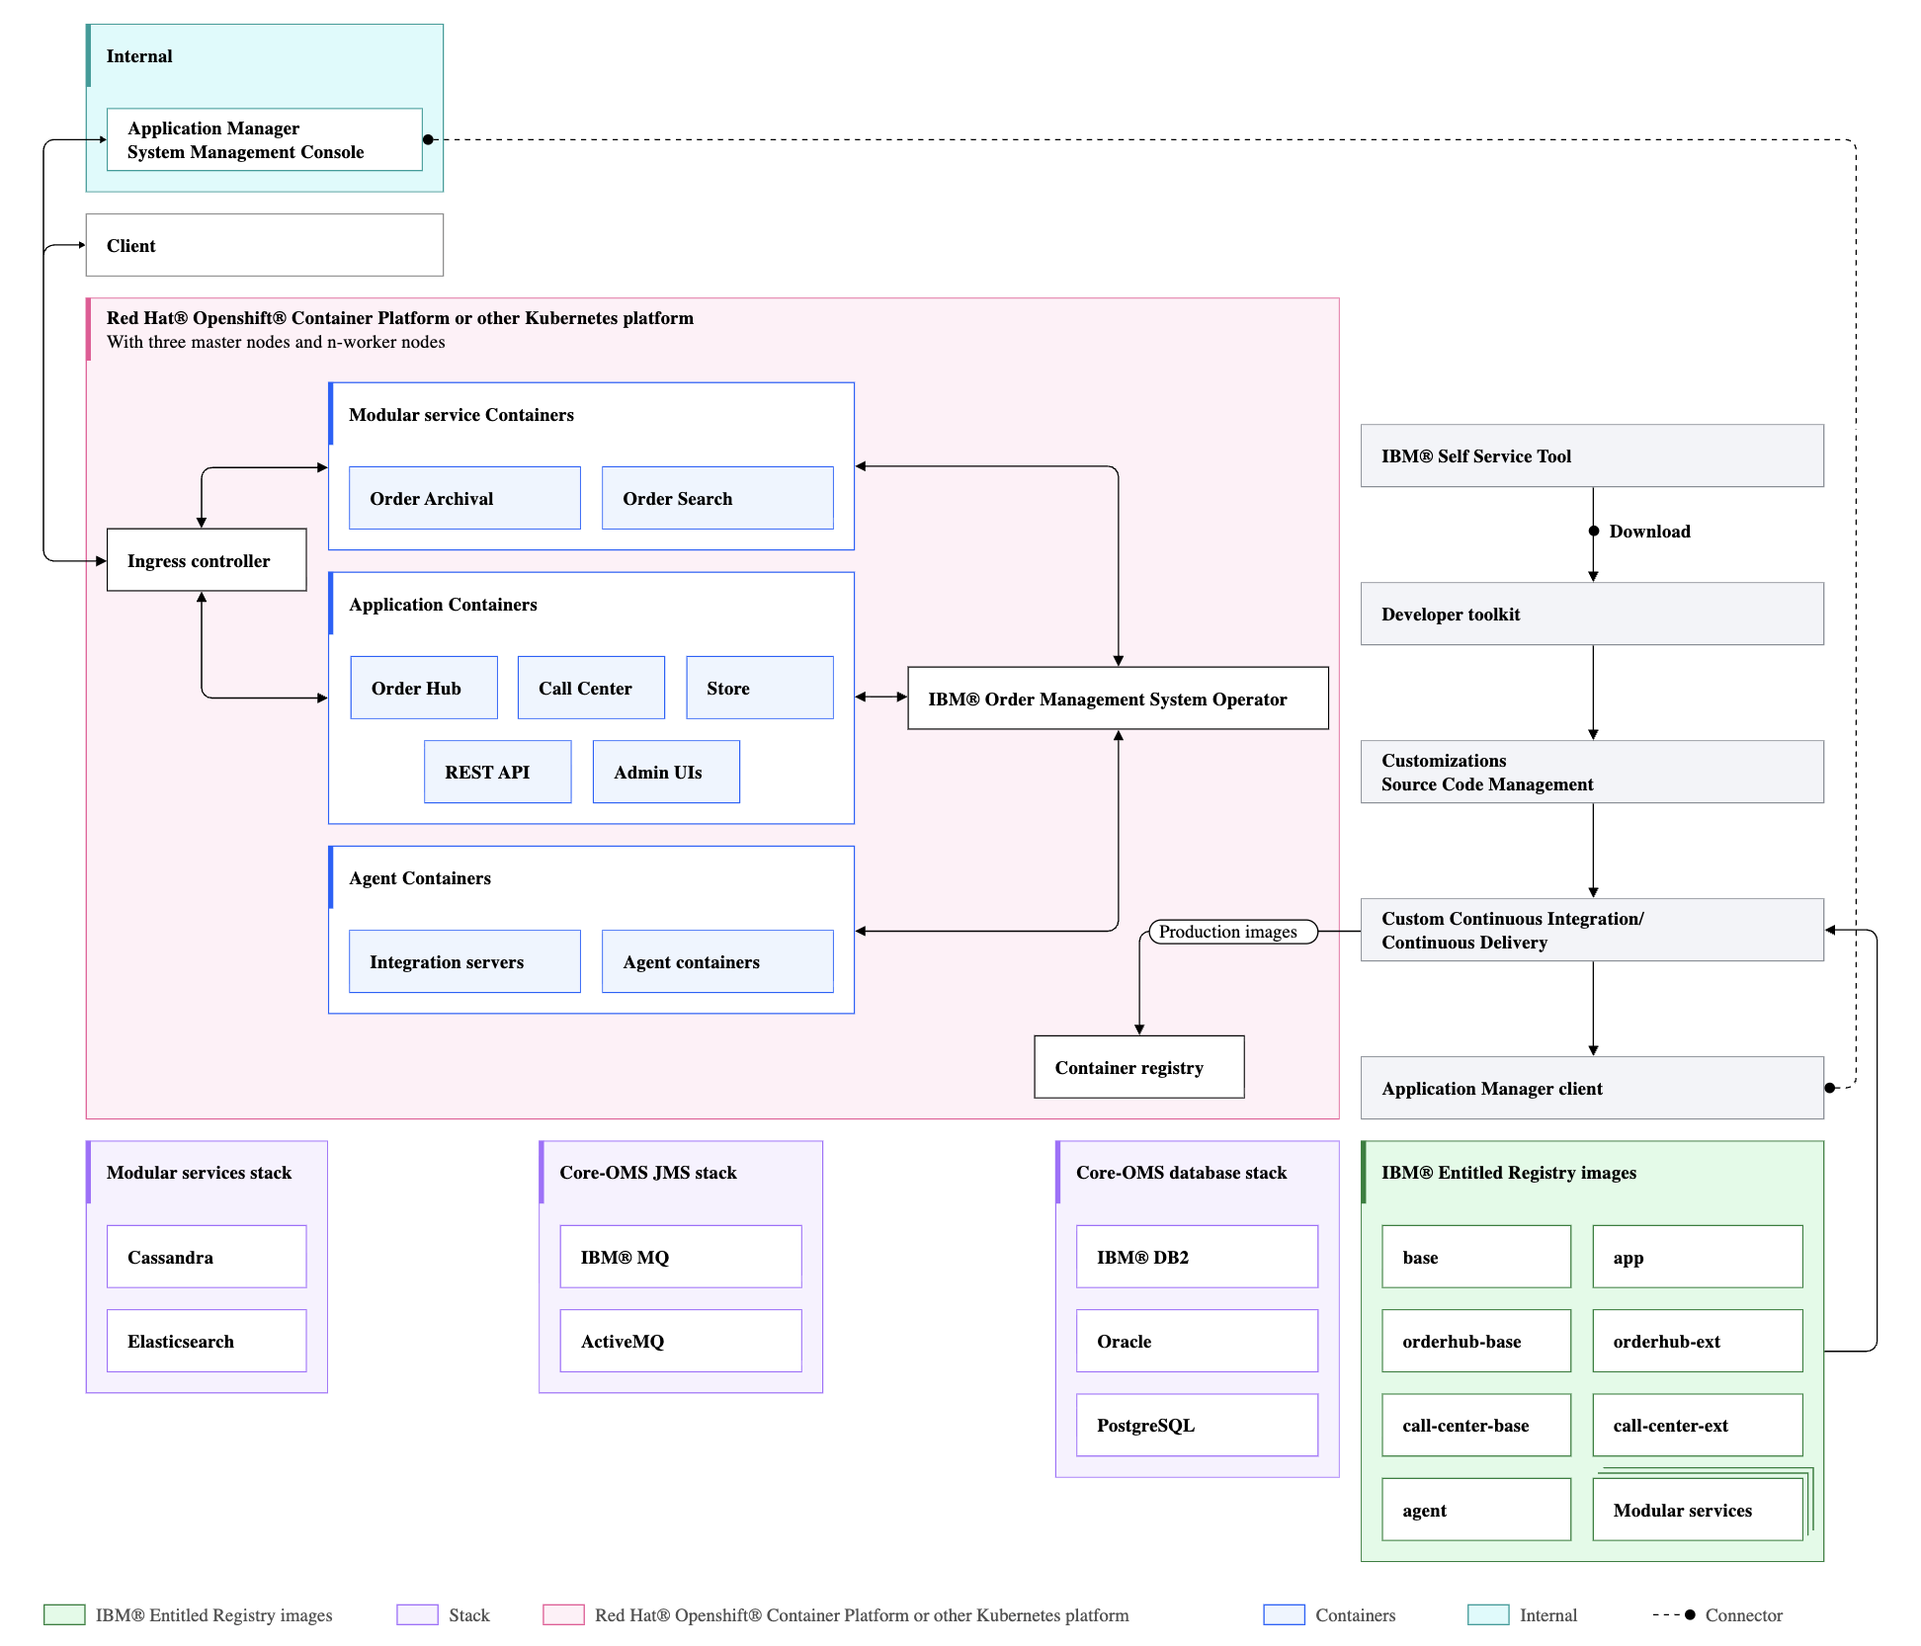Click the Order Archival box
[x=464, y=498]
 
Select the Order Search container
[x=717, y=498]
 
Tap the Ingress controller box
[x=207, y=560]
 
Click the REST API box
[x=497, y=772]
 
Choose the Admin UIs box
[x=666, y=772]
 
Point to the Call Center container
[x=591, y=688]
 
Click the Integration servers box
[x=464, y=961]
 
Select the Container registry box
[x=1138, y=1067]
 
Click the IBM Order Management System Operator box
[x=1118, y=699]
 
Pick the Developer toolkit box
[x=1592, y=614]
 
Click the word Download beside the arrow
[x=1649, y=532]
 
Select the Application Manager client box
[x=1592, y=1088]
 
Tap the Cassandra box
[x=207, y=1257]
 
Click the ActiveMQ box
[x=680, y=1341]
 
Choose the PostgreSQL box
[x=1197, y=1425]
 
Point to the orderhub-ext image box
[x=1697, y=1341]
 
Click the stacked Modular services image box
[x=1697, y=1510]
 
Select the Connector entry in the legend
[x=1742, y=1615]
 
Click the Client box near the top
[x=264, y=245]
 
